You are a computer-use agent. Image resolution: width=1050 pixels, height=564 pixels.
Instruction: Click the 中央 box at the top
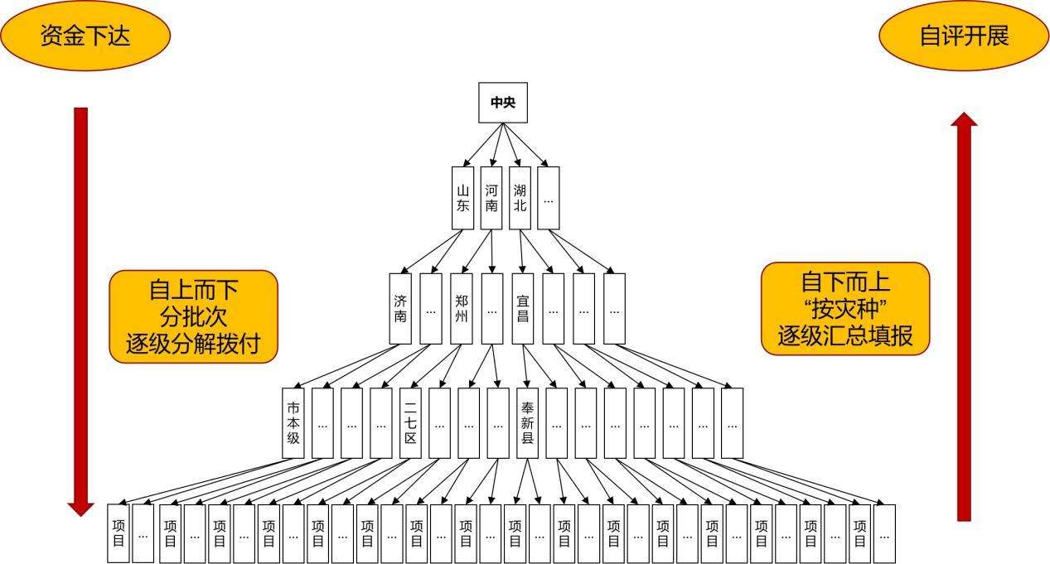pyautogui.click(x=503, y=103)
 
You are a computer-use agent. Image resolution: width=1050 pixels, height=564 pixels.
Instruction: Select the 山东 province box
pyautogui.click(x=462, y=198)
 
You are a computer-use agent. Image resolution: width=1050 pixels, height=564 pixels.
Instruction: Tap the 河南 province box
pyautogui.click(x=491, y=198)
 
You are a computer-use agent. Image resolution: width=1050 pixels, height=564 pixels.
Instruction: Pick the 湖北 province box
pyautogui.click(x=520, y=198)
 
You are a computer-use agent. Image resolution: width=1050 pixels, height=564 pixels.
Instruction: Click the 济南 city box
pyautogui.click(x=400, y=308)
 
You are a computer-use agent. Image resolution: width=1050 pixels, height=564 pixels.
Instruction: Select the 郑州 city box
pyautogui.click(x=461, y=308)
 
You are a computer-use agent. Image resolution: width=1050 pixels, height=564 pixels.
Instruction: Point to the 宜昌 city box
pyautogui.click(x=522, y=308)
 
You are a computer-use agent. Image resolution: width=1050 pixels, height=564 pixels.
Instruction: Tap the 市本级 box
pyautogui.click(x=293, y=422)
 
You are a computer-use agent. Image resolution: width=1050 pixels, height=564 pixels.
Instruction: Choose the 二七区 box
pyautogui.click(x=410, y=422)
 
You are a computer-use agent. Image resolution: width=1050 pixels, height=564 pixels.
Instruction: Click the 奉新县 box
pyautogui.click(x=527, y=422)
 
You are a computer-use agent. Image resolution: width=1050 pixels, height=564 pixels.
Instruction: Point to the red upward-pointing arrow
pyautogui.click(x=963, y=315)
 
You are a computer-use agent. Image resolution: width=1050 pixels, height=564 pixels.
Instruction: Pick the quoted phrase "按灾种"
pyautogui.click(x=844, y=309)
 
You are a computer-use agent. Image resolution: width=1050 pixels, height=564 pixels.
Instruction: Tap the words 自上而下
pyautogui.click(x=192, y=290)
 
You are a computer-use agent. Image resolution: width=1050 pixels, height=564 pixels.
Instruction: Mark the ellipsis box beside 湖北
pyautogui.click(x=548, y=198)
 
